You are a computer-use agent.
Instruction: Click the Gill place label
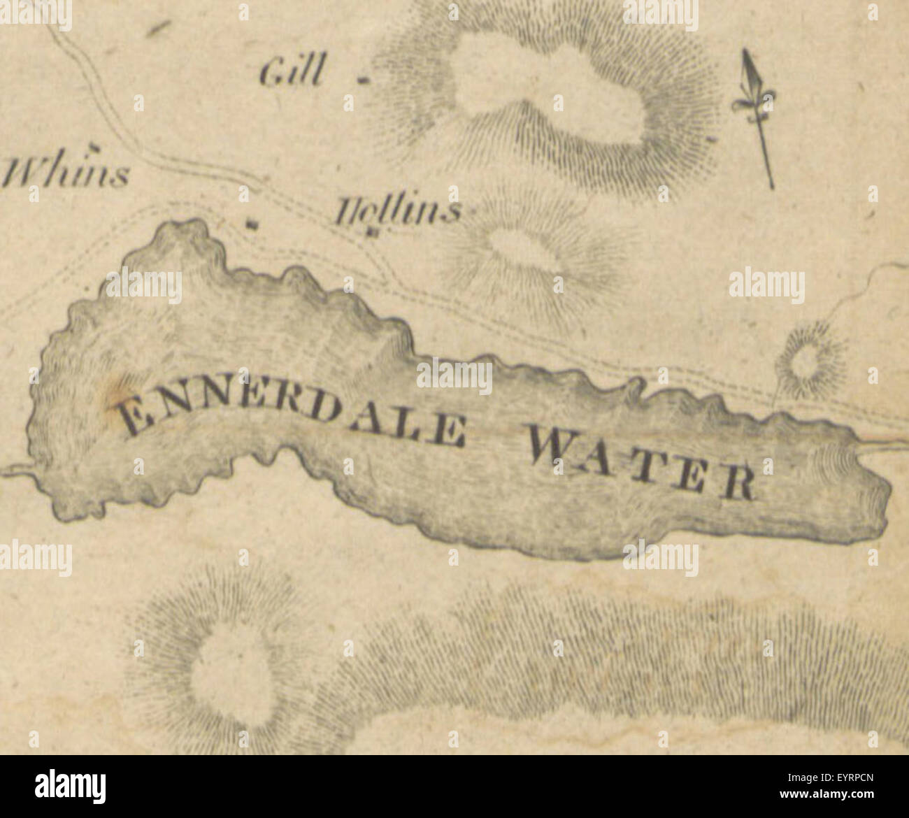[294, 72]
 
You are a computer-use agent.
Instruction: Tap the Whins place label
[66, 173]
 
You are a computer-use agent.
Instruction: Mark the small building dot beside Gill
[362, 80]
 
